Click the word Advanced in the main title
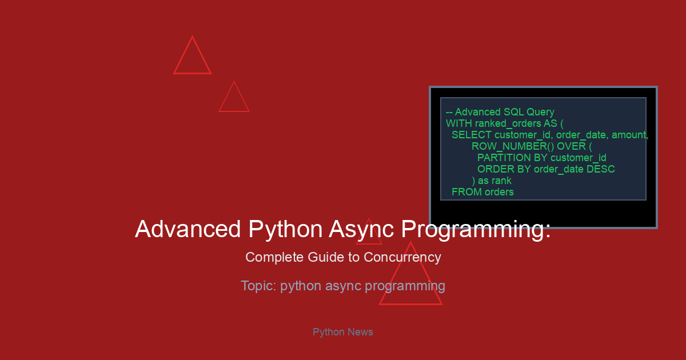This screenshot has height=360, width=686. (188, 229)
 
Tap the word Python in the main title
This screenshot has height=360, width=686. (285, 230)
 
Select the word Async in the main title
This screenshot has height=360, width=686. (361, 230)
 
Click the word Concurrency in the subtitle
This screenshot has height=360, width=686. (402, 258)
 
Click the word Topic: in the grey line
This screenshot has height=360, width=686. (258, 286)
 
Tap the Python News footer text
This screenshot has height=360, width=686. (342, 332)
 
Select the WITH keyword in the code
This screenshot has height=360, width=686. (454, 123)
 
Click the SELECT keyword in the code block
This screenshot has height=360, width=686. (472, 135)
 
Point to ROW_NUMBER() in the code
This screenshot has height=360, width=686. (513, 146)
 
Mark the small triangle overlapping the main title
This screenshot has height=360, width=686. (369, 244)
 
